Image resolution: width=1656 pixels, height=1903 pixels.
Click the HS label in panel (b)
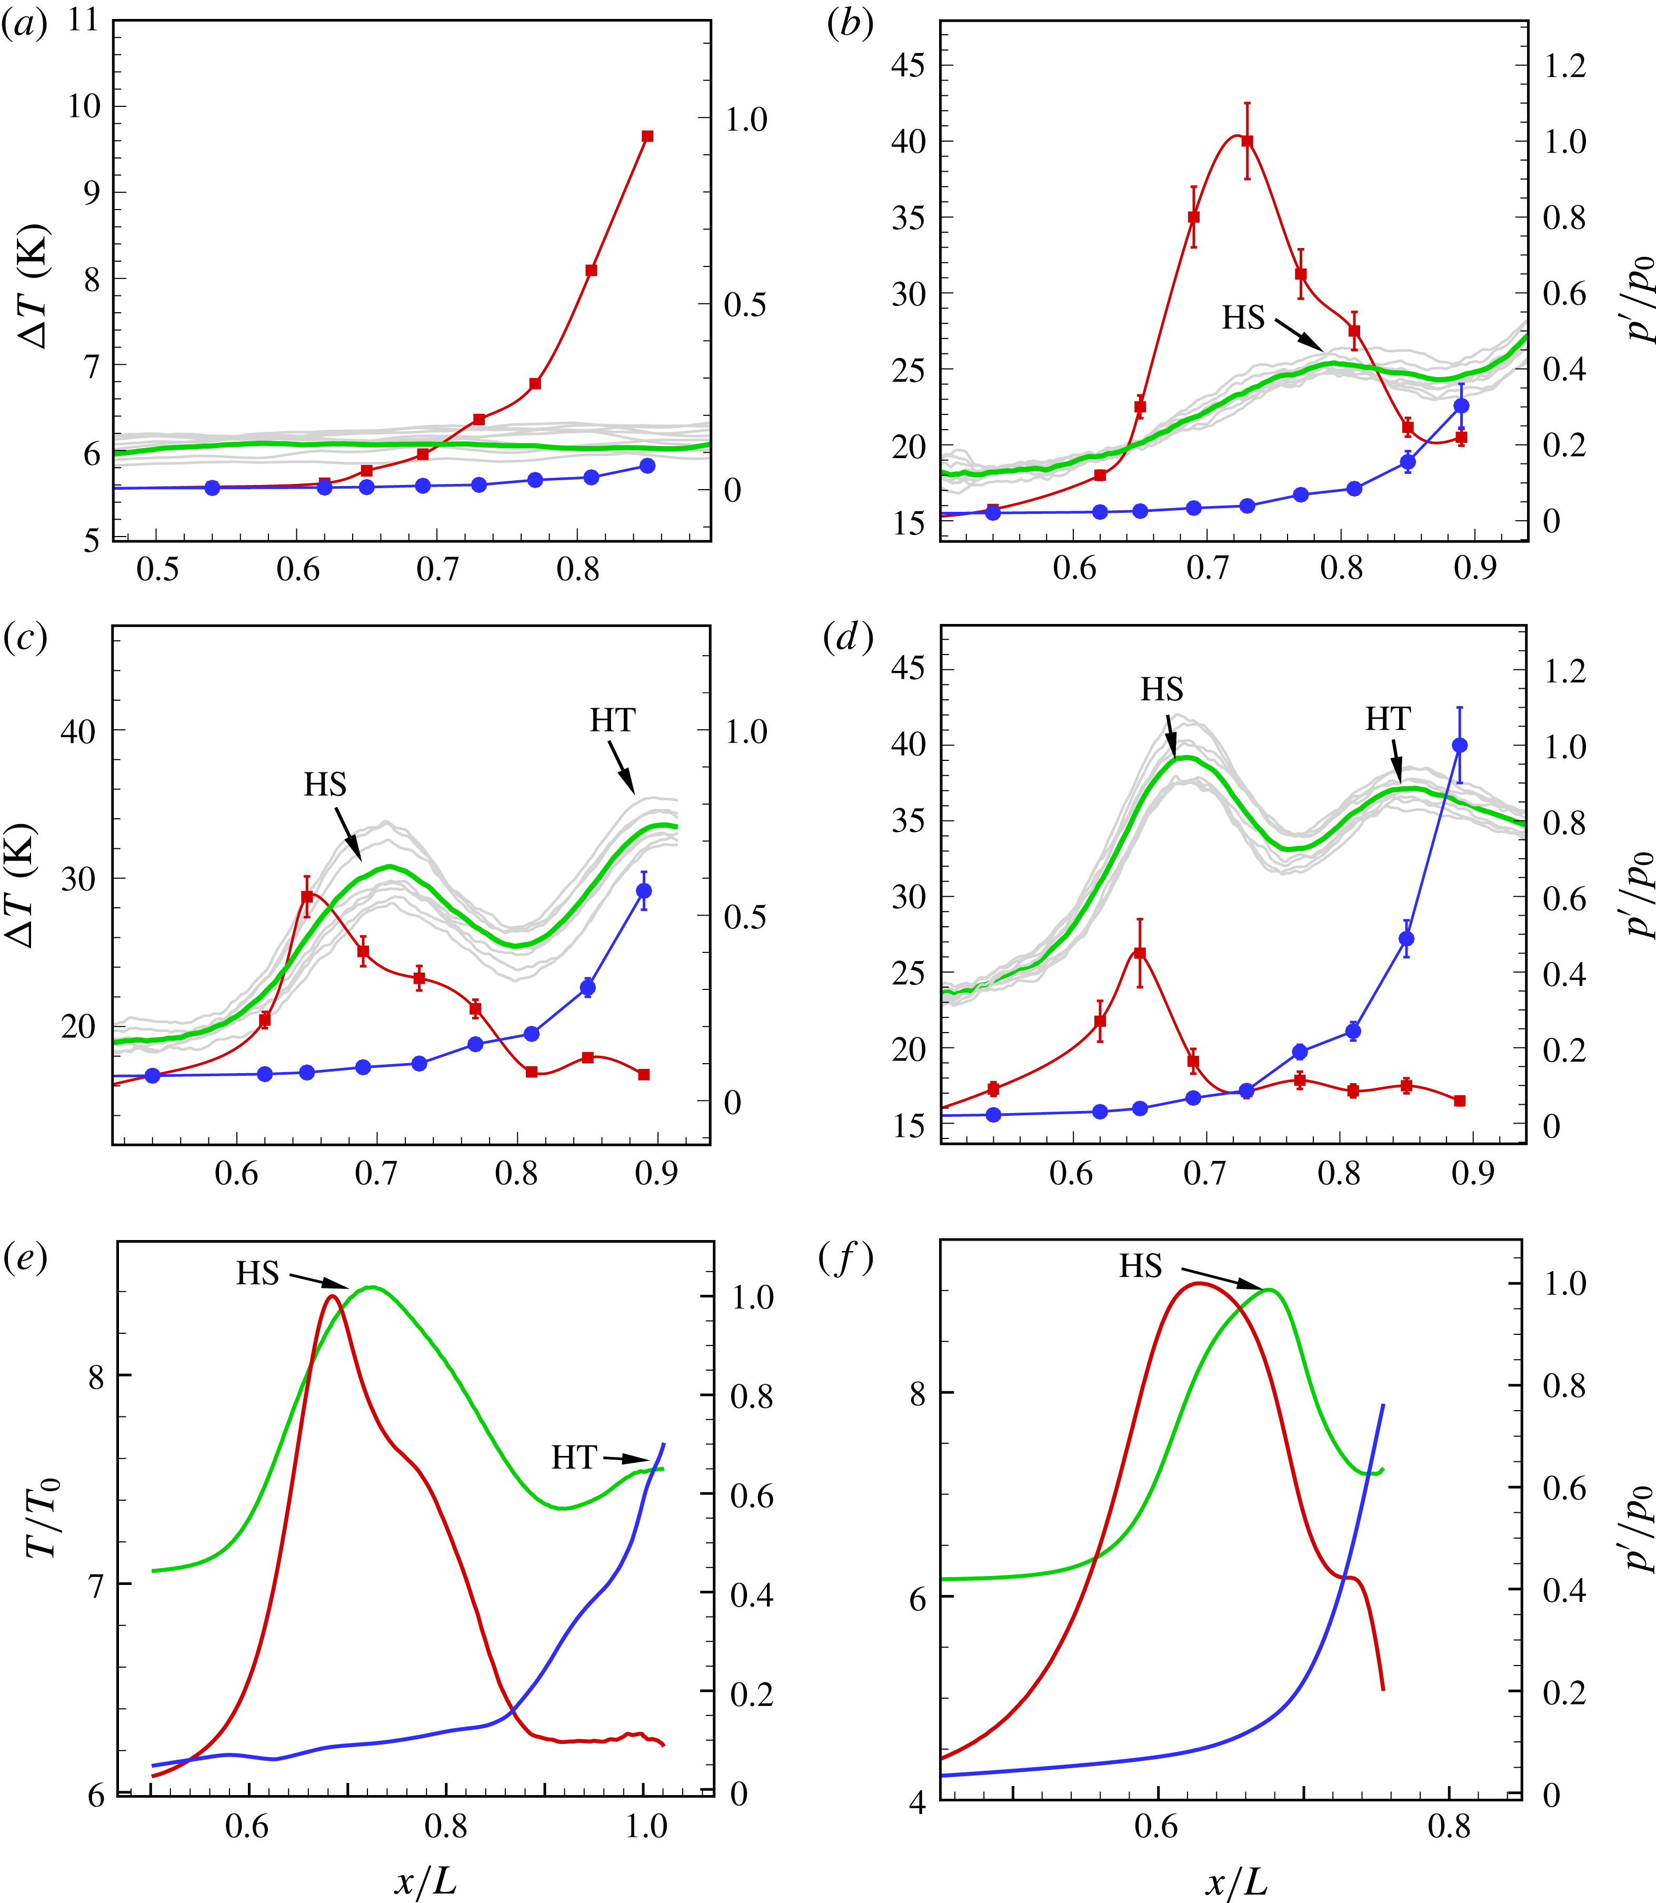click(1243, 318)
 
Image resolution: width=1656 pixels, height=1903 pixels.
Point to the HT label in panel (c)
click(613, 720)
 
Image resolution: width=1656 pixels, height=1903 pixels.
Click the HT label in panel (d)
click(1388, 719)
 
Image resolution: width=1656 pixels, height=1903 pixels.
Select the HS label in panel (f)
click(1140, 1266)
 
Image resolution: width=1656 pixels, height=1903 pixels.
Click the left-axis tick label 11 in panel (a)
click(83, 21)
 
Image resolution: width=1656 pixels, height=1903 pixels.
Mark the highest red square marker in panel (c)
click(307, 897)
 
